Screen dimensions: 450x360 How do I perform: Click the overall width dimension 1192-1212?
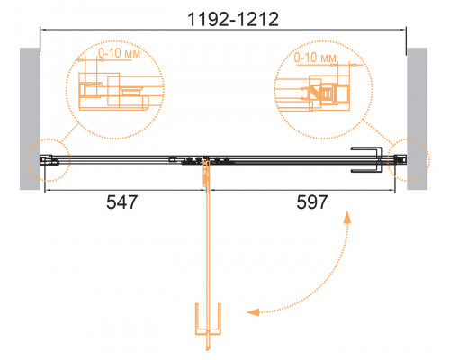coord(233,19)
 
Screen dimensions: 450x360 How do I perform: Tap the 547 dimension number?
coord(121,202)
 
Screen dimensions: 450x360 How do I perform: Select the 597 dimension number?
coord(312,202)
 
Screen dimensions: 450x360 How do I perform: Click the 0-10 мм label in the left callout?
coord(120,53)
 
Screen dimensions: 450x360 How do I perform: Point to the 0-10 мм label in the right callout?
coord(315,58)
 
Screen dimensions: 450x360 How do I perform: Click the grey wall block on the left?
coord(30,119)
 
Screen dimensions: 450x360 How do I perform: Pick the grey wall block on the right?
coord(418,119)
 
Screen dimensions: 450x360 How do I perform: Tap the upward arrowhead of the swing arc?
coord(347,217)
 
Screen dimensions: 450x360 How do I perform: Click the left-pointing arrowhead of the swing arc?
coord(253,312)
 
